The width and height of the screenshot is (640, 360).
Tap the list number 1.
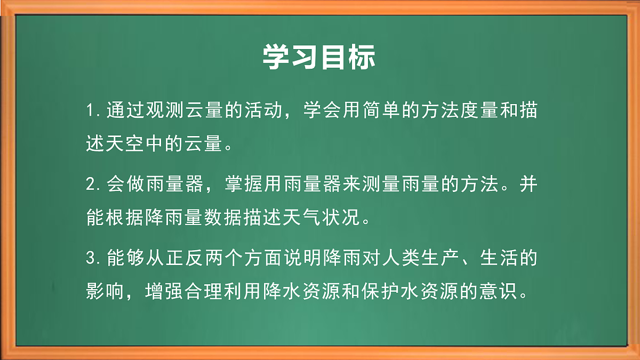pyautogui.click(x=91, y=112)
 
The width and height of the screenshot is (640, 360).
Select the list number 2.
pyautogui.click(x=91, y=185)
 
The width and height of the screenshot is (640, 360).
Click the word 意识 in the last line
pyautogui.click(x=496, y=291)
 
